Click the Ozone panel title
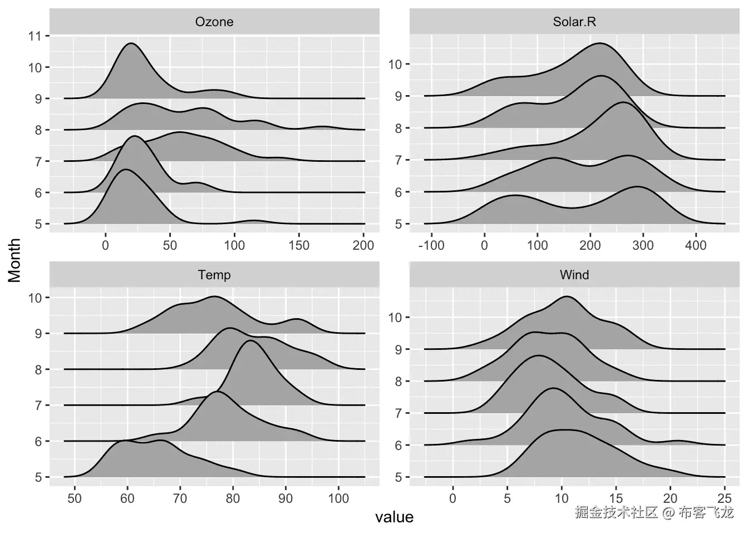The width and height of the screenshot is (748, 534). pyautogui.click(x=214, y=22)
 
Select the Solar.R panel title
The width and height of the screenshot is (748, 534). pyautogui.click(x=574, y=22)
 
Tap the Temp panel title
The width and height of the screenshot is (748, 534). pyautogui.click(x=214, y=275)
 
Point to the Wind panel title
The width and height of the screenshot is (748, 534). pyautogui.click(x=574, y=275)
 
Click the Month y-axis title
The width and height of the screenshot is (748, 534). pyautogui.click(x=14, y=260)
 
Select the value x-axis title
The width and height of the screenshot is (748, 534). pyautogui.click(x=394, y=517)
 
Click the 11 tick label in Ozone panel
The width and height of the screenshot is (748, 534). pyautogui.click(x=35, y=36)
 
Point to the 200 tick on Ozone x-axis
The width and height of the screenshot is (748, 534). pyautogui.click(x=363, y=245)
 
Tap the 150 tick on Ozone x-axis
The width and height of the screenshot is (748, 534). pyautogui.click(x=299, y=245)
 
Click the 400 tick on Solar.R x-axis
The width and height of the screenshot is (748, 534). pyautogui.click(x=695, y=245)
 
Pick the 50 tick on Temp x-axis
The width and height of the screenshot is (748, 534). pyautogui.click(x=74, y=498)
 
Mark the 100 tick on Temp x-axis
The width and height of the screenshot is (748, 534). pyautogui.click(x=338, y=498)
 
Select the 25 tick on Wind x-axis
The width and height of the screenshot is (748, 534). pyautogui.click(x=725, y=498)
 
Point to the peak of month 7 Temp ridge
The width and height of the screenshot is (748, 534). pyautogui.click(x=250, y=340)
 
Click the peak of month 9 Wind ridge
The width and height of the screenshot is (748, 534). pyautogui.click(x=567, y=296)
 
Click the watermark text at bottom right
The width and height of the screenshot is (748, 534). pyautogui.click(x=654, y=512)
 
